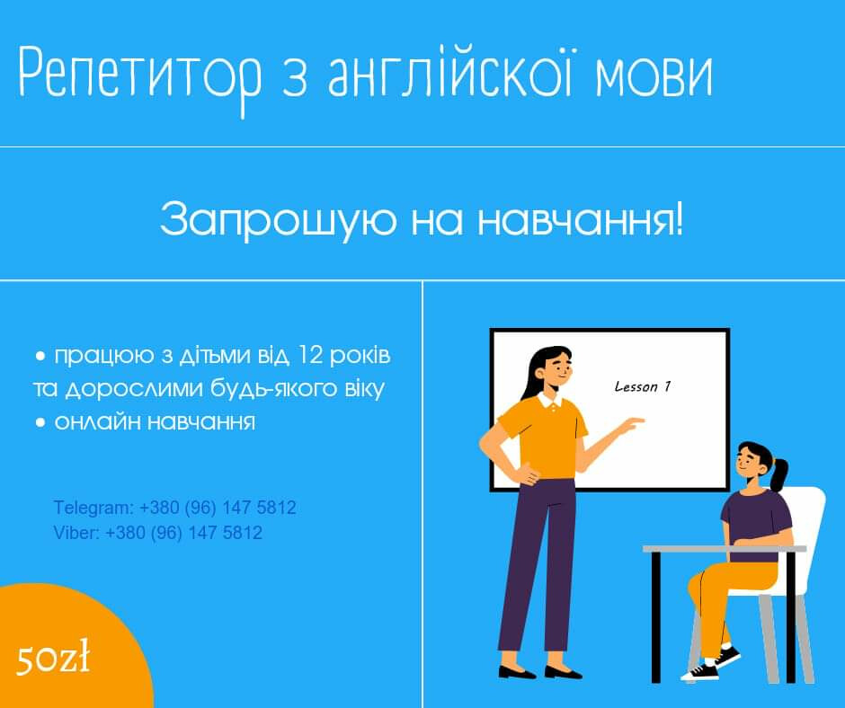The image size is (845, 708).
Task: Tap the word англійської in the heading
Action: [x=449, y=72]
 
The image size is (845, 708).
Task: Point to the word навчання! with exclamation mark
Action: [x=581, y=220]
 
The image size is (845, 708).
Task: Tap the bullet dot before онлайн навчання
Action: [x=40, y=422]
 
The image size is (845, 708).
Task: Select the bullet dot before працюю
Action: [x=40, y=356]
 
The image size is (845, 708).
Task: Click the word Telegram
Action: [x=93, y=509]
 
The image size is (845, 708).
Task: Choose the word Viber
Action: [x=76, y=533]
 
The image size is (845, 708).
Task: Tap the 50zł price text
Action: [x=53, y=658]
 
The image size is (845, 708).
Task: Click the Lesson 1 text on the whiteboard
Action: [x=643, y=386]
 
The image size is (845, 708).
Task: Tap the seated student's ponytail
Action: [x=779, y=474]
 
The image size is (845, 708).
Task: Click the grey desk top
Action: [x=725, y=548]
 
